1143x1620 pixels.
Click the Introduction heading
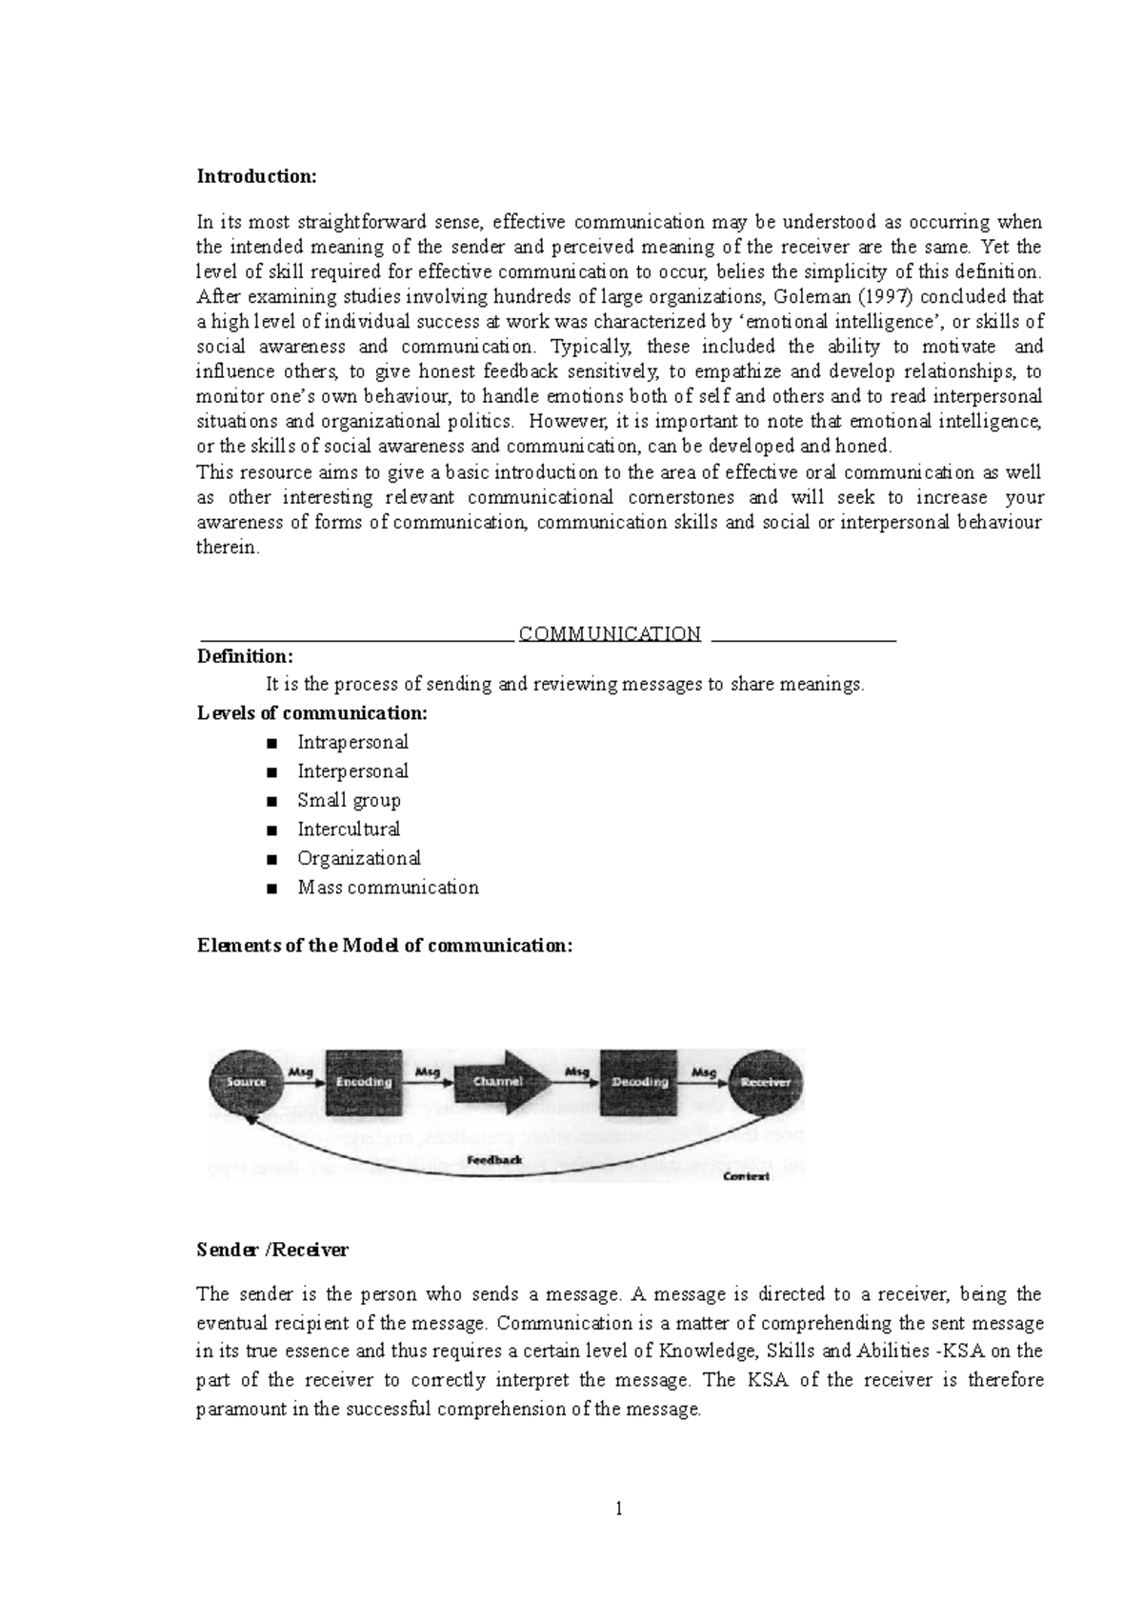click(x=255, y=176)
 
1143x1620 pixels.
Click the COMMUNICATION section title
click(x=610, y=633)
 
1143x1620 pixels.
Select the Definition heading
click(x=245, y=656)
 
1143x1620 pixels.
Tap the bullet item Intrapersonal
click(x=352, y=742)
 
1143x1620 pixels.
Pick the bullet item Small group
click(x=349, y=800)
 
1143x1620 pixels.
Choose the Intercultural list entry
click(x=349, y=829)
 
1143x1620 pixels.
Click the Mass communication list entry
click(x=388, y=888)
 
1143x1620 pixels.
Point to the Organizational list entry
click(x=359, y=858)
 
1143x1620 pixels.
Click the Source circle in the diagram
click(x=246, y=1082)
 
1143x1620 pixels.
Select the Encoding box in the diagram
click(x=364, y=1082)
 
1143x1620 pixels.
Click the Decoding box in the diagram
click(x=639, y=1082)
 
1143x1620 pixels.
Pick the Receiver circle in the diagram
click(x=765, y=1082)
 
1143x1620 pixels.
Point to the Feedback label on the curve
click(x=495, y=1160)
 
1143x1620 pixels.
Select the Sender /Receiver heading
click(x=272, y=1250)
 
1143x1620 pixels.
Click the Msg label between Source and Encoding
click(x=301, y=1072)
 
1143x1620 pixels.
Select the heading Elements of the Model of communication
click(x=385, y=946)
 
